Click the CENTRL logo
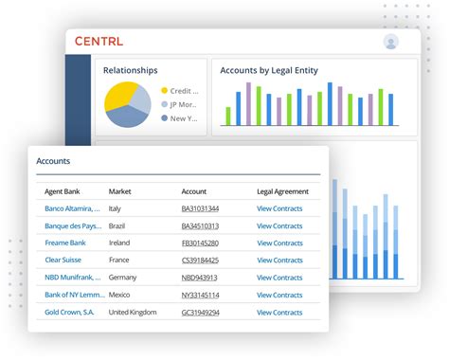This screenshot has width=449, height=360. coord(99,42)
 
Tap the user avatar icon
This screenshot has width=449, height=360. coord(391,42)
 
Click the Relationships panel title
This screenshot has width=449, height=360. coord(130,70)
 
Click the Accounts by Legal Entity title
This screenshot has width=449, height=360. coord(269,70)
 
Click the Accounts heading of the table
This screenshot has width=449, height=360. coord(53,161)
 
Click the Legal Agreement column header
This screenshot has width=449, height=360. coord(282,191)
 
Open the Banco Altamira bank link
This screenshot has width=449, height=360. coord(72,208)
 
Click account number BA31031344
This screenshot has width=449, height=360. coord(200,208)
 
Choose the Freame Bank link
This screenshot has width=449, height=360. coord(65,243)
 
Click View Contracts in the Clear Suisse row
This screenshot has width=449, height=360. coord(279,261)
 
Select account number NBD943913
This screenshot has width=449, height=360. coord(199,278)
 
